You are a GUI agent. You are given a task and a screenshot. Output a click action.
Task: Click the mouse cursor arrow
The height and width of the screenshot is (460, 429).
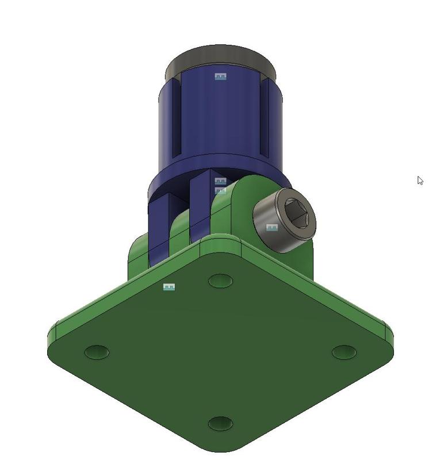[420, 180]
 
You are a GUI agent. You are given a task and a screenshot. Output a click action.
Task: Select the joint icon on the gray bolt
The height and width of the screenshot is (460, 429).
[272, 228]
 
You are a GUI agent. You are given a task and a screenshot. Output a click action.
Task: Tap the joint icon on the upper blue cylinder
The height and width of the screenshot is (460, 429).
[220, 76]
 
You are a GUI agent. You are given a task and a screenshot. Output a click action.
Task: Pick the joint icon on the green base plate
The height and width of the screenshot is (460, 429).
[169, 286]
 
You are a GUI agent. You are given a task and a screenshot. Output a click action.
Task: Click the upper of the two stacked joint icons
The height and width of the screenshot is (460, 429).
[220, 181]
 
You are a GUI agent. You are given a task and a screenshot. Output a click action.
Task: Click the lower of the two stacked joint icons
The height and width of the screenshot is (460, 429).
[220, 190]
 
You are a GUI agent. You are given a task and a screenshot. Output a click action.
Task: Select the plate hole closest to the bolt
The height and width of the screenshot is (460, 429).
[220, 281]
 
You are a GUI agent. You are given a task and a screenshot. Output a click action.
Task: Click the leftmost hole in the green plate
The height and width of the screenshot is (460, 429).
[97, 352]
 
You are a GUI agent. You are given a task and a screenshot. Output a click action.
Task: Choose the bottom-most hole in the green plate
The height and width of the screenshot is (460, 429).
[220, 424]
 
